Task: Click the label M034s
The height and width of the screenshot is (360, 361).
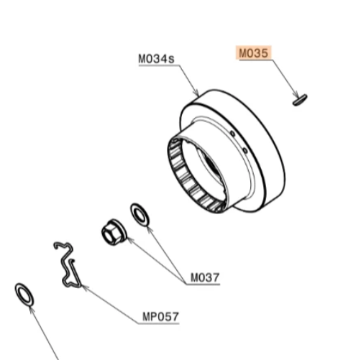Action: [x=156, y=59]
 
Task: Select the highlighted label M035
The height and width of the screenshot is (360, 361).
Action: [x=254, y=53]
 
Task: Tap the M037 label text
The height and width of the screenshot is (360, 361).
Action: [x=205, y=277]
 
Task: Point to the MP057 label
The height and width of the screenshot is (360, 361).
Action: [x=160, y=317]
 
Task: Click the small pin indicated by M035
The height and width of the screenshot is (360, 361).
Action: [x=300, y=100]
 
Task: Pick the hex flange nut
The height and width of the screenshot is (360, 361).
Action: [x=114, y=232]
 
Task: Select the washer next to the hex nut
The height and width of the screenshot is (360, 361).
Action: [x=140, y=214]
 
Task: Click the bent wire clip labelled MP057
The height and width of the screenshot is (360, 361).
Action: [x=68, y=264]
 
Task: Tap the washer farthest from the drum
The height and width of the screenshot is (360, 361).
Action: [x=24, y=295]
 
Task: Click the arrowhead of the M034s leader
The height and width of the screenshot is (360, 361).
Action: [x=197, y=93]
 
